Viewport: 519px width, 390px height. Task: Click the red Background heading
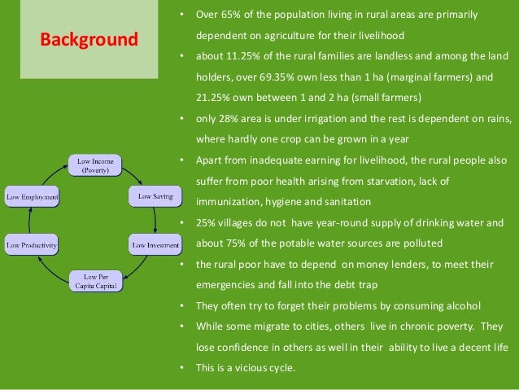[x=89, y=39]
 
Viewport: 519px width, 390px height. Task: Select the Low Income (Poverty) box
[x=94, y=165]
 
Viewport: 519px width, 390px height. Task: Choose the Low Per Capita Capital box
[x=95, y=280]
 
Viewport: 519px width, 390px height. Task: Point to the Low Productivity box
[x=33, y=244]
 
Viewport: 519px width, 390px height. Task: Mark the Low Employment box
[x=33, y=196]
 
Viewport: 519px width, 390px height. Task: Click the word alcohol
[x=462, y=306]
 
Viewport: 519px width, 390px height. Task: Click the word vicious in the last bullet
[x=254, y=368]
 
